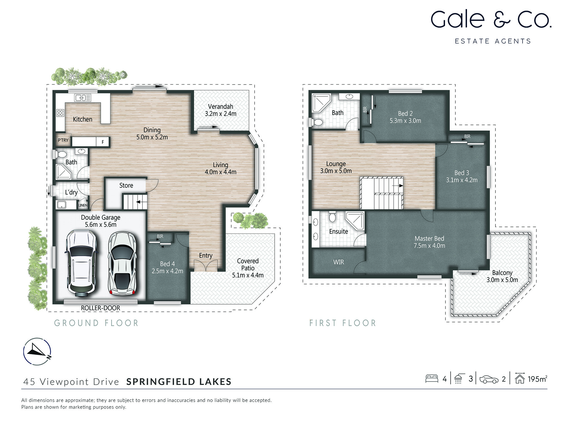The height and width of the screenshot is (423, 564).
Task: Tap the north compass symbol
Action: tap(37, 351)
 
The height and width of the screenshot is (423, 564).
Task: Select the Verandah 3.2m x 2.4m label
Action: tap(221, 110)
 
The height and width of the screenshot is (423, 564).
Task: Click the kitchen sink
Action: tap(82, 98)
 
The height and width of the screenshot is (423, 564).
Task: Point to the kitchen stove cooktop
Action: tap(60, 113)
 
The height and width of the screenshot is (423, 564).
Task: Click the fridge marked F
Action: tap(103, 142)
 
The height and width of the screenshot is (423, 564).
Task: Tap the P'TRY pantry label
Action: tap(63, 140)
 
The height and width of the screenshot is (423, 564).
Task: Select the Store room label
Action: tap(126, 185)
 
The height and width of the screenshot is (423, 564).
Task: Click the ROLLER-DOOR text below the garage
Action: tap(100, 308)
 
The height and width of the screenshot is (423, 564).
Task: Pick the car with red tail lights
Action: tap(122, 264)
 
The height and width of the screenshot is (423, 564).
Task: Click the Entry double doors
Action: tap(206, 266)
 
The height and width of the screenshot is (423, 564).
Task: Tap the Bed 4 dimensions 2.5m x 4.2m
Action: tap(167, 271)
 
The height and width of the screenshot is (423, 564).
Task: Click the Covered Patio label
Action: tap(248, 265)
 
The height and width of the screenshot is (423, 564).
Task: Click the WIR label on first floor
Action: tap(338, 262)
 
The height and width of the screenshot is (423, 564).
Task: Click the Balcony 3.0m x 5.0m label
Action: tap(502, 276)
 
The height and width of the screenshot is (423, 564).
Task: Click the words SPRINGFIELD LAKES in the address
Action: tap(179, 382)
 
